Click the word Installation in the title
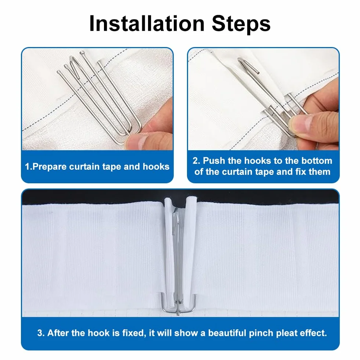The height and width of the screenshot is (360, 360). tap(147, 24)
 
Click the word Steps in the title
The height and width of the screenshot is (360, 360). tap(241, 24)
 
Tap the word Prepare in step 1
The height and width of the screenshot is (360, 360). tap(50, 167)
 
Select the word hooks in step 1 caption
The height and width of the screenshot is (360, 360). tap(156, 166)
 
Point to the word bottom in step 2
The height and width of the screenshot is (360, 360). tap(317, 161)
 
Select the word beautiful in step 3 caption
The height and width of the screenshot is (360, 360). tap(227, 333)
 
